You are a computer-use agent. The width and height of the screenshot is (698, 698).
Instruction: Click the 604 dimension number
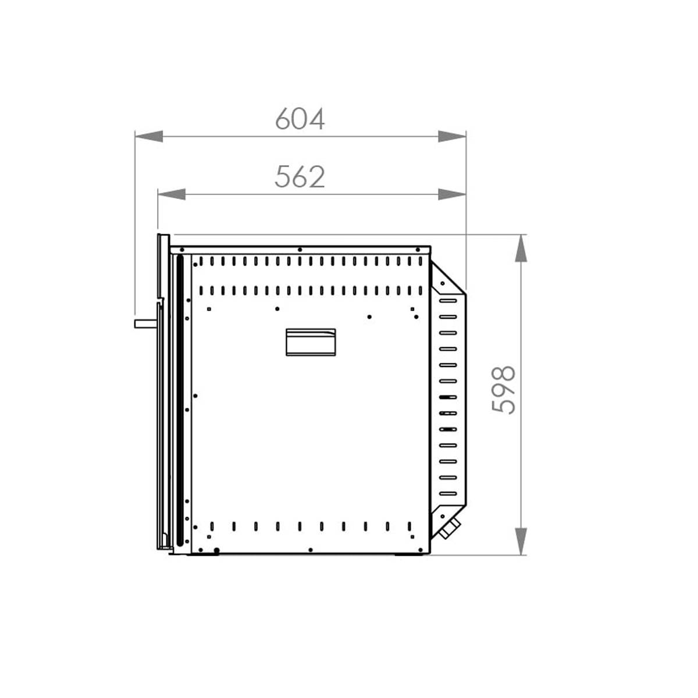tap(300, 119)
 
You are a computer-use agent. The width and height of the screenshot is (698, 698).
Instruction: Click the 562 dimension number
tap(300, 177)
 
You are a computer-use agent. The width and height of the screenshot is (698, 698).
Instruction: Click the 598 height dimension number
tap(504, 390)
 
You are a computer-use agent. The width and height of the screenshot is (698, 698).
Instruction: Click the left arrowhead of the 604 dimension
tap(149, 137)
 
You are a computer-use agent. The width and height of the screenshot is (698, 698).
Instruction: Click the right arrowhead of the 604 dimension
tap(452, 137)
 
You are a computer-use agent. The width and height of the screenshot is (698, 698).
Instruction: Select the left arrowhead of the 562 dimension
tap(172, 194)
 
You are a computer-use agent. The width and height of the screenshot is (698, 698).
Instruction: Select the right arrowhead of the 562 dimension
tap(452, 194)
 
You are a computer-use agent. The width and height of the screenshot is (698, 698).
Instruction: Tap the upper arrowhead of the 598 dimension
tap(521, 248)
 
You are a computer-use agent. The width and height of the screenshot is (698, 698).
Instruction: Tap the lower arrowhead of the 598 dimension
tap(521, 542)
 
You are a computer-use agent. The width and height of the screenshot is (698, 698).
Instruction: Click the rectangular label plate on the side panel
tap(311, 342)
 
